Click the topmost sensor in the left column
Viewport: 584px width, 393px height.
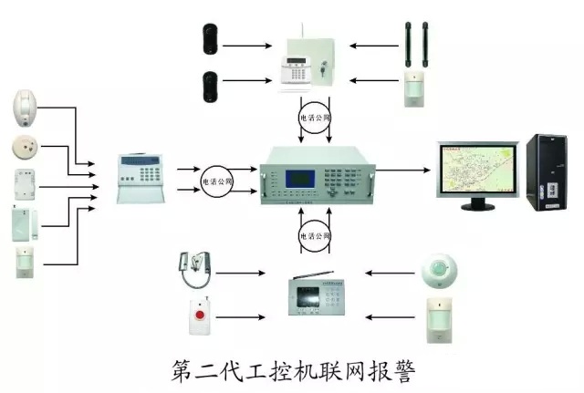coord(26,108)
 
